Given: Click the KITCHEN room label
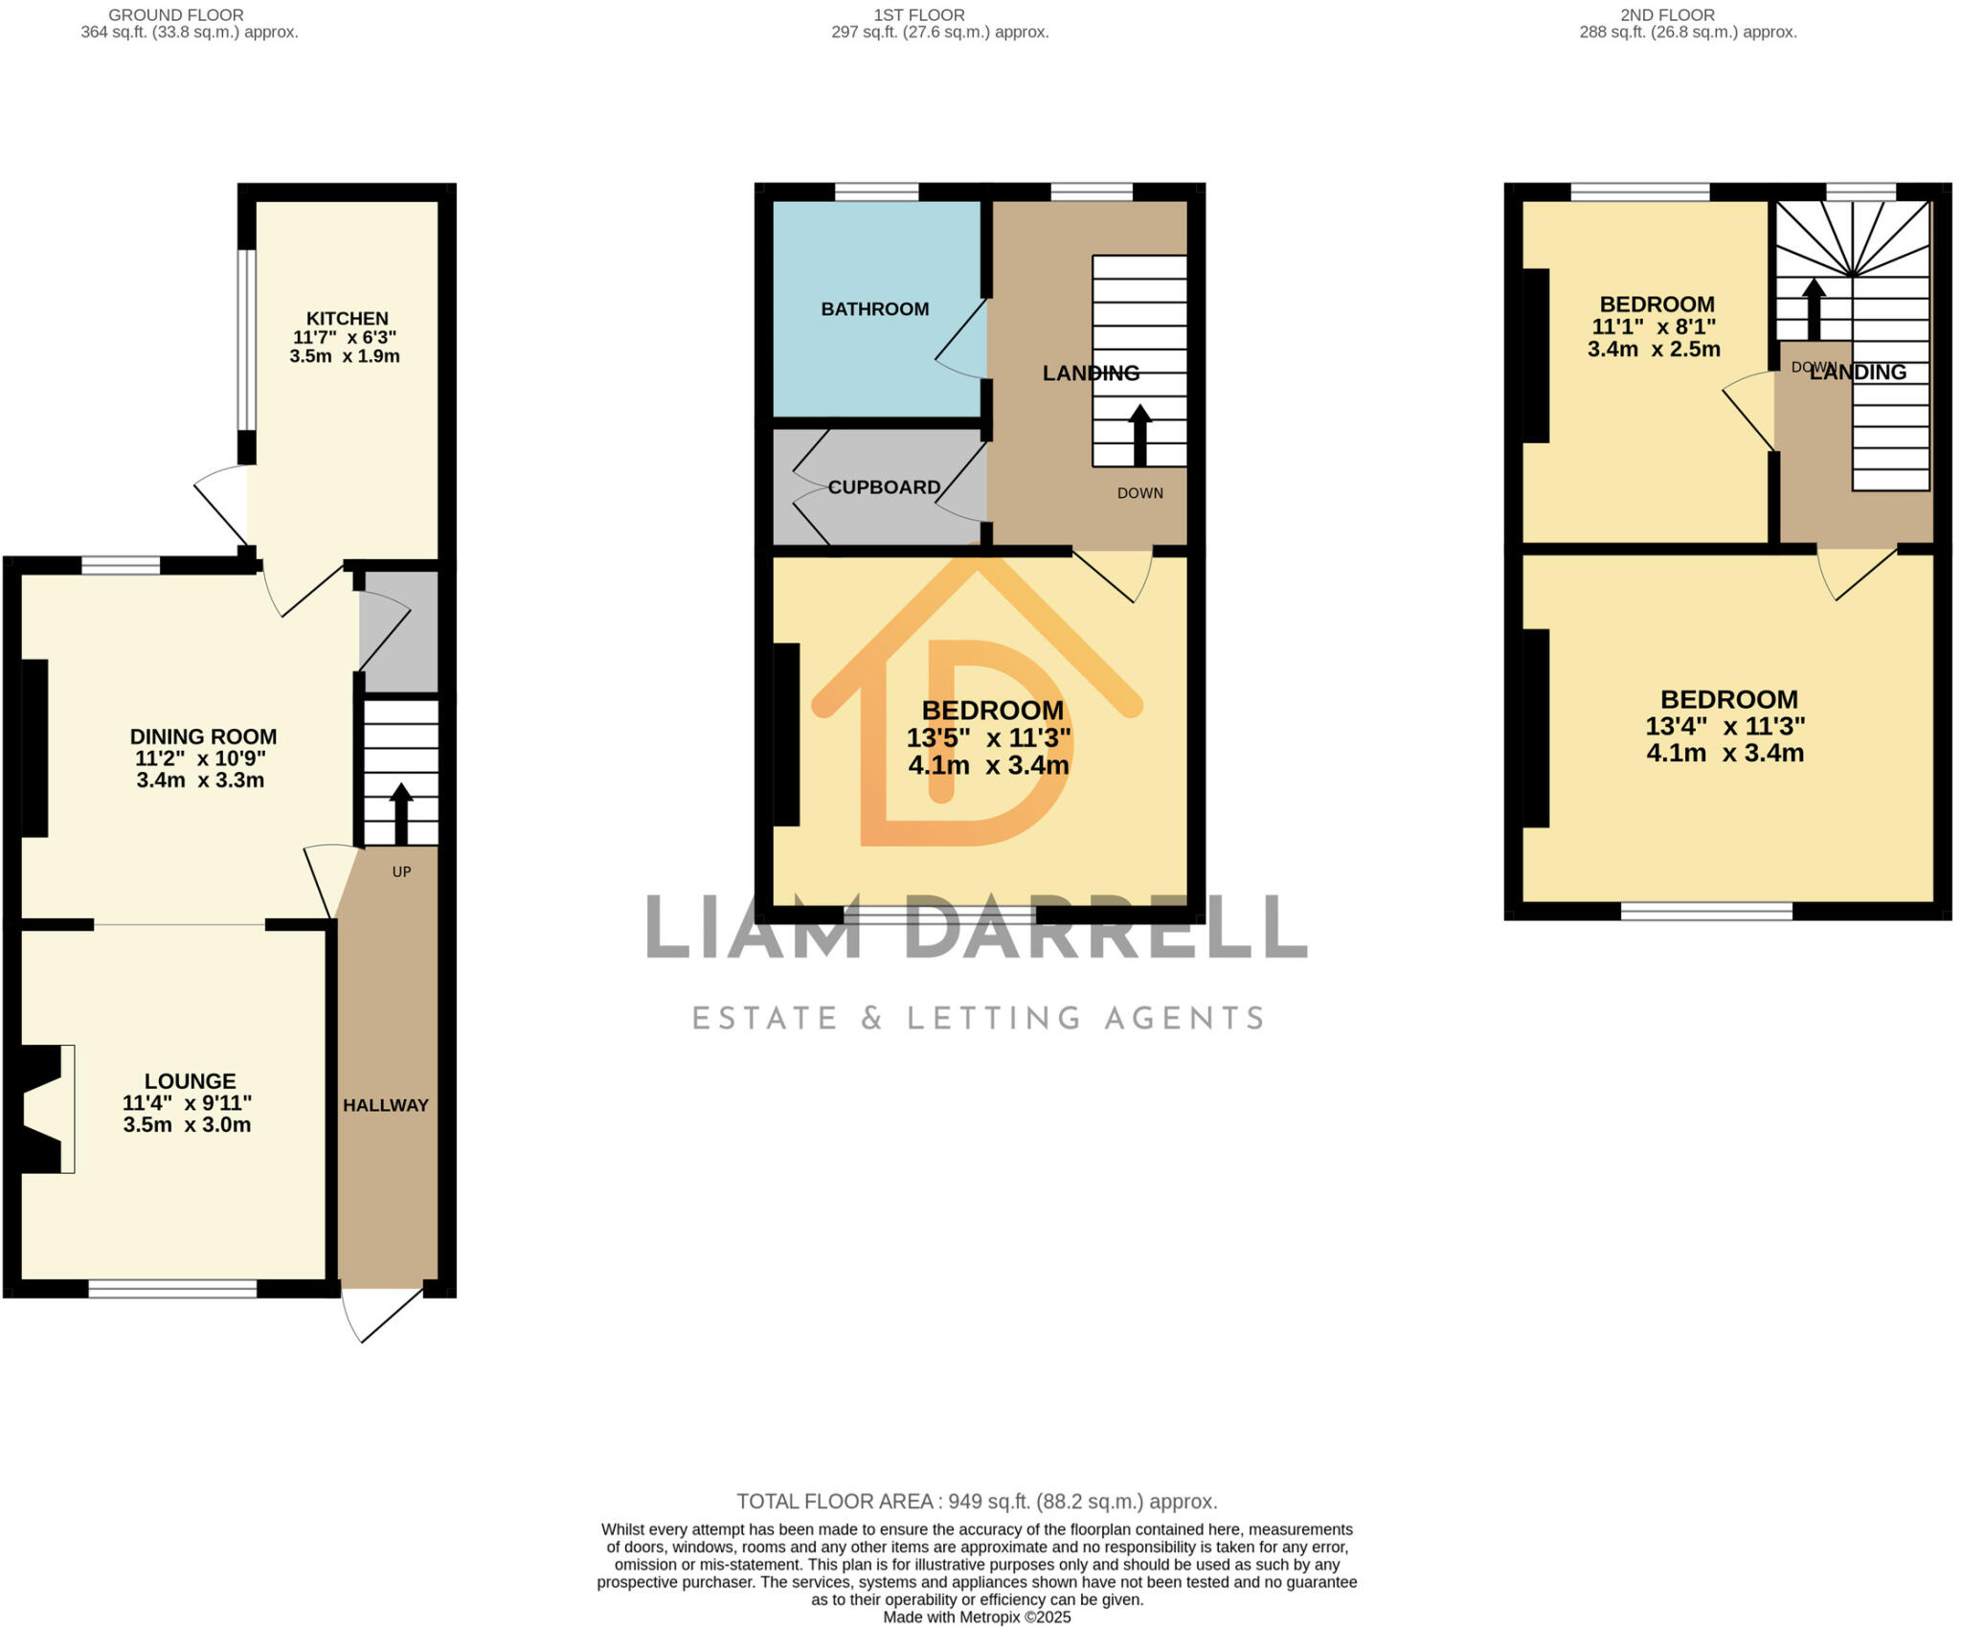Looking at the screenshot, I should (347, 319).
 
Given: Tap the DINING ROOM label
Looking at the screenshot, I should (203, 736).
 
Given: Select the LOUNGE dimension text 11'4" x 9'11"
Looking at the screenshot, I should (188, 1102).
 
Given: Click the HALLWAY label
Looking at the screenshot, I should (385, 1105).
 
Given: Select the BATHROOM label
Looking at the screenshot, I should (874, 309).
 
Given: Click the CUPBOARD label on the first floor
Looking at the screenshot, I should (884, 487).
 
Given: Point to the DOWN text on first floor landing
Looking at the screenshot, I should (1139, 493).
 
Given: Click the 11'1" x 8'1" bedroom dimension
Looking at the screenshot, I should (1654, 327).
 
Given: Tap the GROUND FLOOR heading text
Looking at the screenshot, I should (175, 15).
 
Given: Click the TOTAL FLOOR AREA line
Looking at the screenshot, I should (976, 1502).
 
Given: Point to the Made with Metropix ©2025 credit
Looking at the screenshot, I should (976, 1617).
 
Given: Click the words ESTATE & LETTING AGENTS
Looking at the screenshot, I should (978, 1018).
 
